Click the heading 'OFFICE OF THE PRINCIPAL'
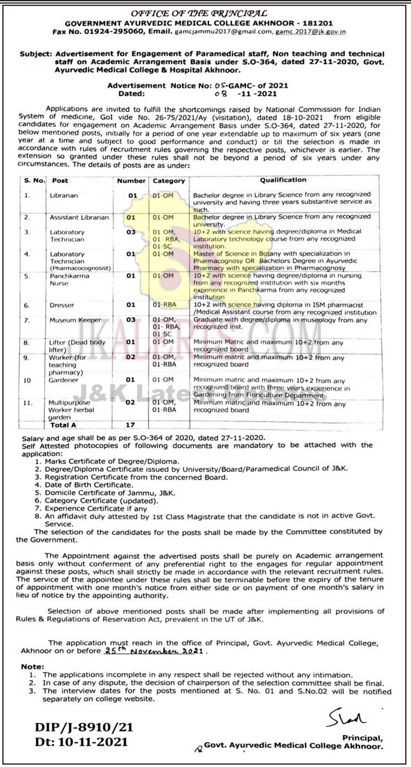199,14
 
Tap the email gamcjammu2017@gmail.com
223,32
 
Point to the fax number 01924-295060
114,32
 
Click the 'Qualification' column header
283,180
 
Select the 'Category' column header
169,181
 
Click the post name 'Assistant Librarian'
79,217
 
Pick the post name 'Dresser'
62,305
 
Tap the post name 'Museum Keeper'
75,320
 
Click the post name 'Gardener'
63,380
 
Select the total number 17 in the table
130,425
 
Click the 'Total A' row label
63,425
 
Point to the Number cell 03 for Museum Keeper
131,320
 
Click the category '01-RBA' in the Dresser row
164,305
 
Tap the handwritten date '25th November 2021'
153,650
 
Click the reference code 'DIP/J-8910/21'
84,727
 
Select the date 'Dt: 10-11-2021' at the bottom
81,742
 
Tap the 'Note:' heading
33,667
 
